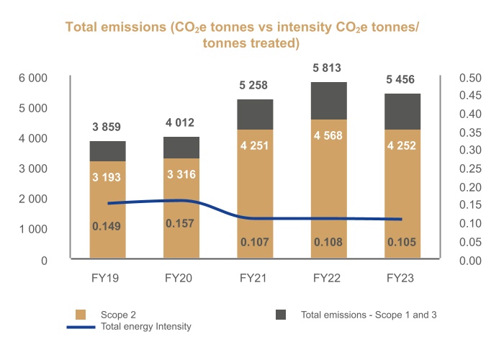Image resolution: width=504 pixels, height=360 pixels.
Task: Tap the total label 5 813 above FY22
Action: (328, 68)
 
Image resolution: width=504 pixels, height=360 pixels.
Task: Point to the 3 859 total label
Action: (107, 127)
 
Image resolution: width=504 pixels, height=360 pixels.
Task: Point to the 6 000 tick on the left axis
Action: (33, 78)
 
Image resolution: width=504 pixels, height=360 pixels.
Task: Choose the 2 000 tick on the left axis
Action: (33, 199)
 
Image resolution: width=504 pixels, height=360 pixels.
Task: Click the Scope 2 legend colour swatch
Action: (81, 315)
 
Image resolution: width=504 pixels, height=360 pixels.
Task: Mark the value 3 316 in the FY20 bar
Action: (181, 174)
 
